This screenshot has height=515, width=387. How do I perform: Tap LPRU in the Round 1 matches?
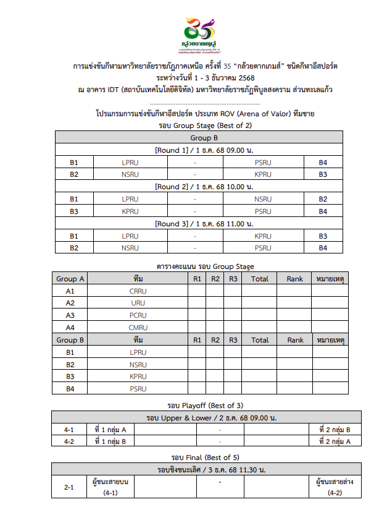tap(130, 163)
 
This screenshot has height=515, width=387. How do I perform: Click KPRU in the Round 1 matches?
tap(263, 174)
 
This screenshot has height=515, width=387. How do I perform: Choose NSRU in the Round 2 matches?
tap(263, 199)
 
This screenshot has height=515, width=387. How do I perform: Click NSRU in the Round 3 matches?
tap(130, 248)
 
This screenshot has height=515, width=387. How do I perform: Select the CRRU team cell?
tap(138, 291)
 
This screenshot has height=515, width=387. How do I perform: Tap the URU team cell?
tap(138, 303)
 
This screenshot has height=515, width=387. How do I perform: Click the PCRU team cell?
tap(138, 315)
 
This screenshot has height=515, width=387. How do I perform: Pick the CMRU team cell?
tap(138, 327)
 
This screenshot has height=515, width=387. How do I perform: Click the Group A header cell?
tap(70, 279)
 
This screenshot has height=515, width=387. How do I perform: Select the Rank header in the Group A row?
tap(295, 279)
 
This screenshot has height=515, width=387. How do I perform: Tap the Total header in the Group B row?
tap(260, 339)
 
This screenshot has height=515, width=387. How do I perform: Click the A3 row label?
tap(70, 315)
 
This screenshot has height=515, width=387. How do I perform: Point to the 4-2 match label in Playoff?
tap(69, 441)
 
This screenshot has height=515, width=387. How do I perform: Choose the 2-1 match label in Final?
tap(69, 487)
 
